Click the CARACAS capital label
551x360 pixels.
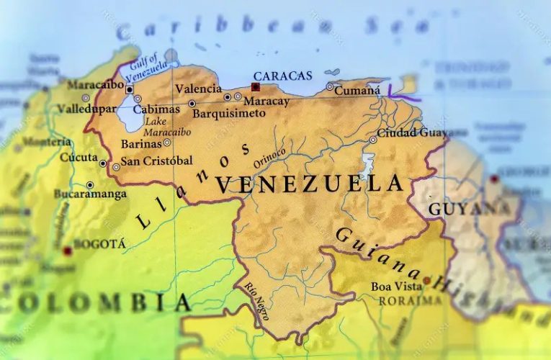282,76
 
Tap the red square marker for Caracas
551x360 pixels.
255,87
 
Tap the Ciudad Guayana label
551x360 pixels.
413,133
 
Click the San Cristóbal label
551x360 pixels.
156,161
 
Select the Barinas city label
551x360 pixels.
140,143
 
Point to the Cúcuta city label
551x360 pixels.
78,157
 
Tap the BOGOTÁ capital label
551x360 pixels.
100,244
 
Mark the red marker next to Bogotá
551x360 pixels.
67,251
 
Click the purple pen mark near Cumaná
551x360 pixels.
403,92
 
